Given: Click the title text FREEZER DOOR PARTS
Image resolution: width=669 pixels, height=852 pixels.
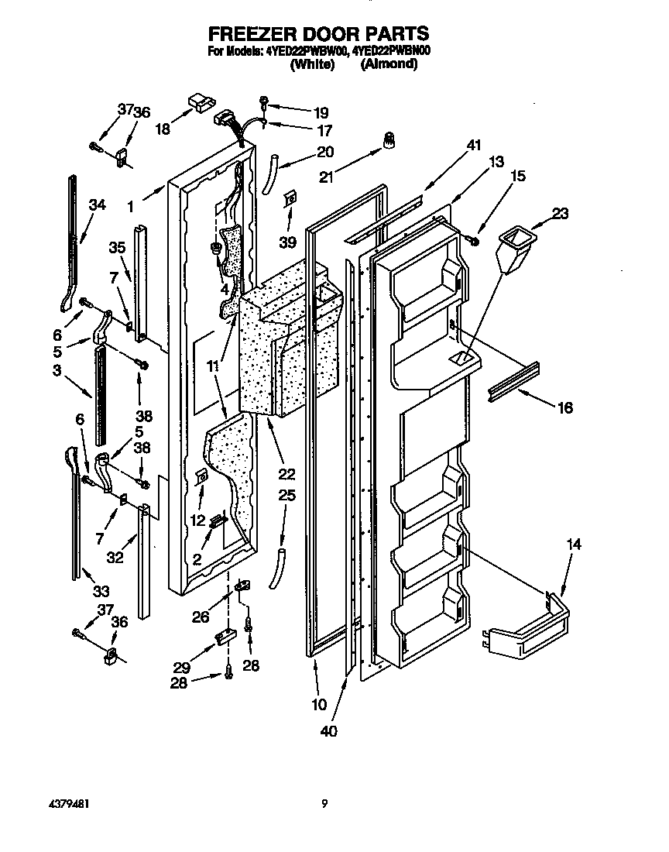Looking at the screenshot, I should click(x=317, y=33).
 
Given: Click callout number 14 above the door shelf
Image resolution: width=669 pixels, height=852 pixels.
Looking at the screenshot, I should click(x=572, y=545).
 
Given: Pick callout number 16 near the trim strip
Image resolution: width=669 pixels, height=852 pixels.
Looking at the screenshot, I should click(x=565, y=408).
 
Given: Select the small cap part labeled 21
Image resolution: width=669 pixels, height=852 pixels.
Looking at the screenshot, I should click(x=389, y=141).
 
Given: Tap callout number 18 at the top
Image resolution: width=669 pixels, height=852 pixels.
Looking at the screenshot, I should click(x=163, y=129).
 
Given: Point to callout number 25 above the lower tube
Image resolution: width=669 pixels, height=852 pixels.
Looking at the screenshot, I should click(x=286, y=495).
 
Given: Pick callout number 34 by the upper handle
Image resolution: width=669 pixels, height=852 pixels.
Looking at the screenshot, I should click(x=96, y=205).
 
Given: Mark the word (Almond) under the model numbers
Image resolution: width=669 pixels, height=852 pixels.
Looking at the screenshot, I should click(x=389, y=65).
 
